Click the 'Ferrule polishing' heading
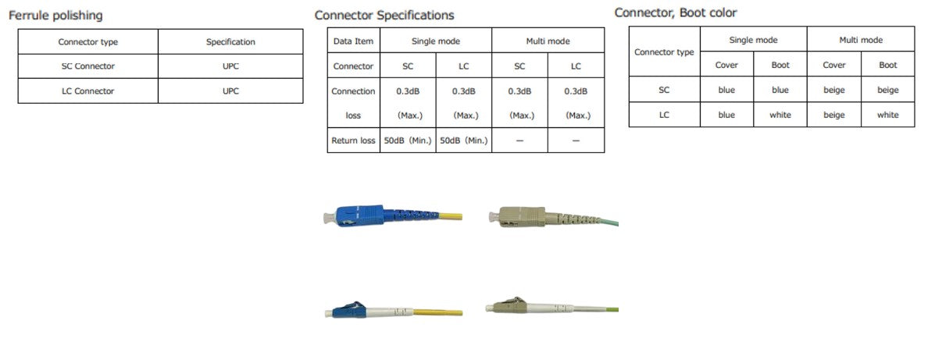tap(55, 16)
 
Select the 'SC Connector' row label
tap(87, 66)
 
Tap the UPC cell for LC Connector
tap(230, 91)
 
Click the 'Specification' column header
tap(230, 42)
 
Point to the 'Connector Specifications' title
tap(384, 16)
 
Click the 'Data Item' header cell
tap(353, 41)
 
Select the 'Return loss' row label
tap(353, 141)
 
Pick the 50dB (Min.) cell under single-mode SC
tap(408, 141)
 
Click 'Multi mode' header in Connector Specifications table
tap(548, 41)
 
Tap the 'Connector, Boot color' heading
tap(676, 12)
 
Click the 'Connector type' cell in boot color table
tap(664, 52)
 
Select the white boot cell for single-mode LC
tap(780, 115)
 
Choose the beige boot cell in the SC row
tap(888, 90)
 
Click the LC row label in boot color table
tap(664, 115)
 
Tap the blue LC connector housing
tap(344, 309)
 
